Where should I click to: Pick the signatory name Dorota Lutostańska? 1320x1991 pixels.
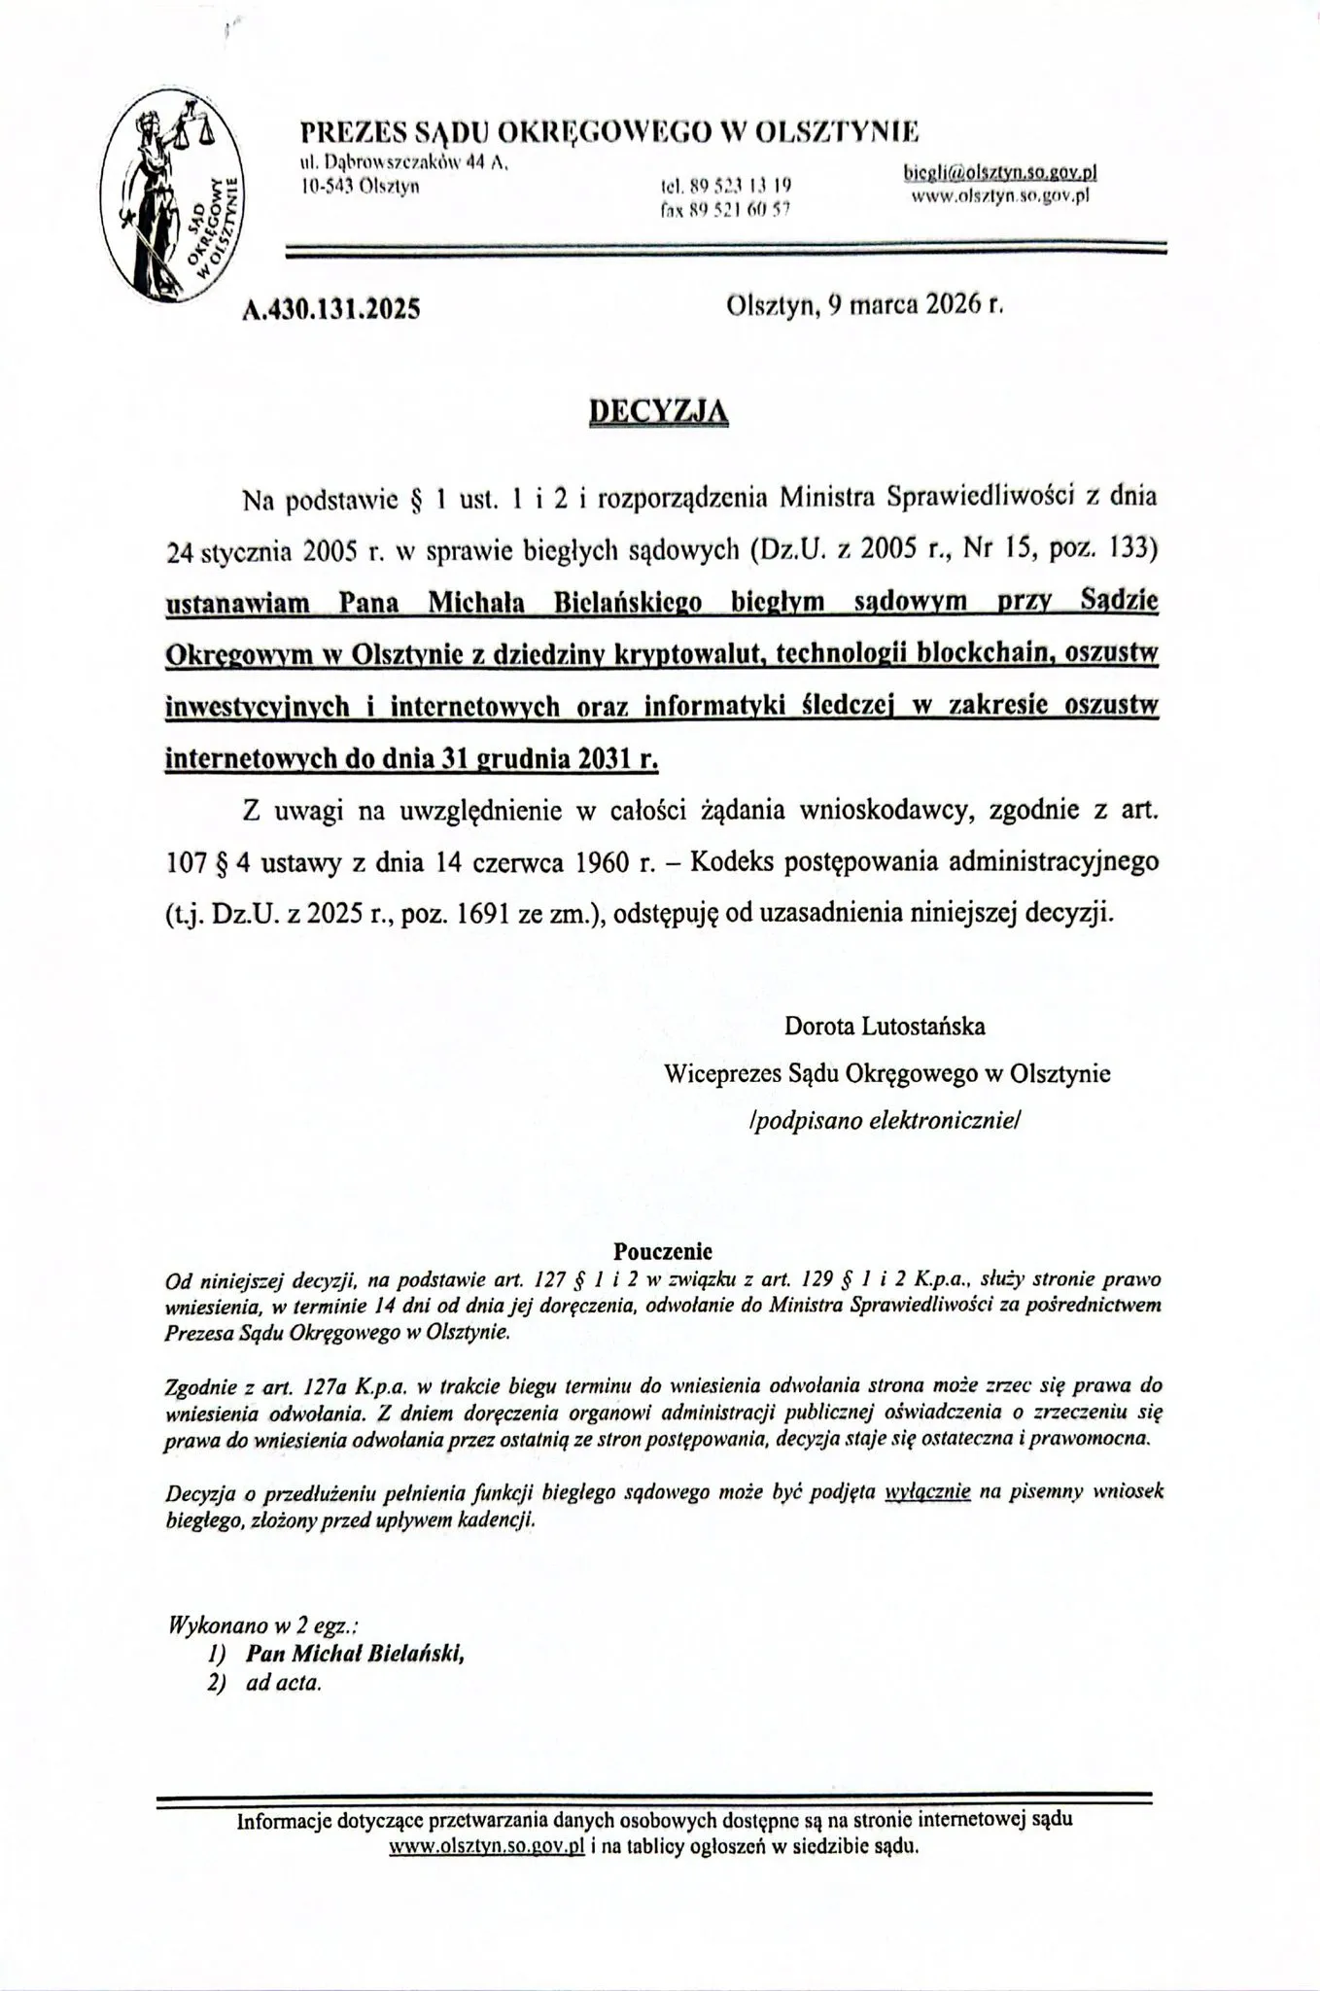click(x=885, y=1026)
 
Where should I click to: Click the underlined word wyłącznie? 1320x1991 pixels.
click(x=927, y=1491)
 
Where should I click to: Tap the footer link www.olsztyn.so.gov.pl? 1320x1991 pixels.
click(x=486, y=1846)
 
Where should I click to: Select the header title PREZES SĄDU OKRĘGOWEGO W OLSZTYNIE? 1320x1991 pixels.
click(x=608, y=131)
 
